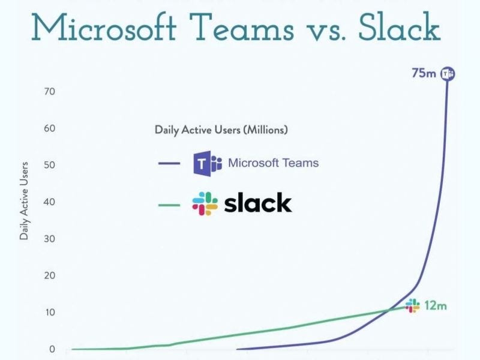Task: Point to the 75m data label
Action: click(x=424, y=74)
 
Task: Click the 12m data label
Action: click(x=436, y=305)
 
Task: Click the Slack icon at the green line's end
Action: click(x=412, y=306)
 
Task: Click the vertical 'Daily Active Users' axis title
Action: click(x=25, y=200)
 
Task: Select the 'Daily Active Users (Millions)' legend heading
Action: click(x=221, y=129)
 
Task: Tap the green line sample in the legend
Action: click(x=169, y=205)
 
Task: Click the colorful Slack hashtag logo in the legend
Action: click(x=205, y=204)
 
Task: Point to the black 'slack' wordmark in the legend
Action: click(x=257, y=204)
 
